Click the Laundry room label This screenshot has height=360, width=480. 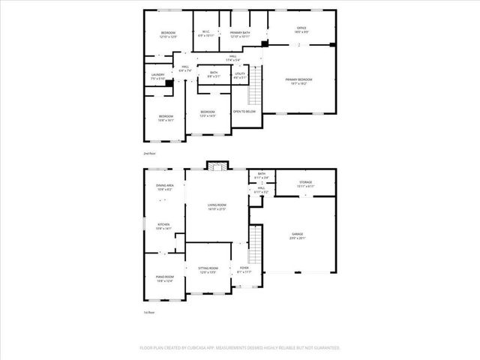point(157,76)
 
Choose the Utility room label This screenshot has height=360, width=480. point(240,75)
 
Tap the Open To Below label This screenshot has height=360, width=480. point(244,111)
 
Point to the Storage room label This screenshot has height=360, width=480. point(305,184)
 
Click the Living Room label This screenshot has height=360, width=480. point(217,206)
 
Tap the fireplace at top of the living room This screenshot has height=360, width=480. point(217,166)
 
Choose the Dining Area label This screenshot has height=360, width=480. point(165,187)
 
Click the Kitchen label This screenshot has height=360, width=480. point(164,227)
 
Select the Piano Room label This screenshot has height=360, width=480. point(164,279)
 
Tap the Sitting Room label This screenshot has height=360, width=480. point(208,269)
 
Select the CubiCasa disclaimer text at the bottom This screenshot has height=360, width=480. point(240,347)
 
